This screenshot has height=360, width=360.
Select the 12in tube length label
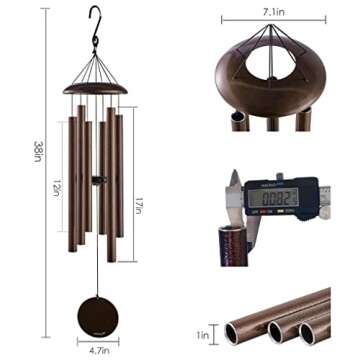(61, 186)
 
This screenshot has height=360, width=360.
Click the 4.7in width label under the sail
(96, 349)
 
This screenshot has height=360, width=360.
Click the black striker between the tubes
(96, 180)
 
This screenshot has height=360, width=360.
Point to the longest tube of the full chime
(110, 185)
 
